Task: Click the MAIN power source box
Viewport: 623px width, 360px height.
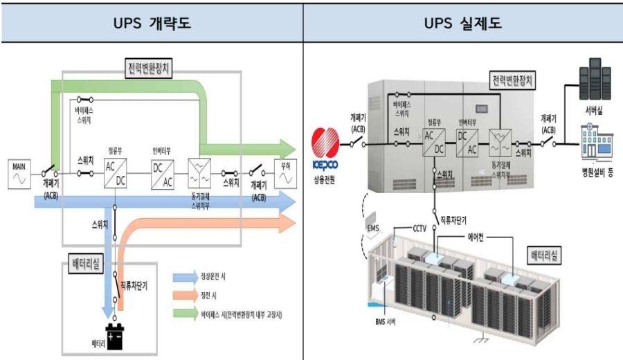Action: (19, 174)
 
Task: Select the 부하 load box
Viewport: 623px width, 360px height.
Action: (284, 173)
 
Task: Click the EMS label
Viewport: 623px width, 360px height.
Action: (374, 226)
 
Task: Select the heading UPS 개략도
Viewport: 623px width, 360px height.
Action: (152, 24)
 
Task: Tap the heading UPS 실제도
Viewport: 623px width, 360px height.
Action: (462, 24)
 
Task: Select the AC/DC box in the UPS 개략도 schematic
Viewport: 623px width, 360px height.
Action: (114, 173)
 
